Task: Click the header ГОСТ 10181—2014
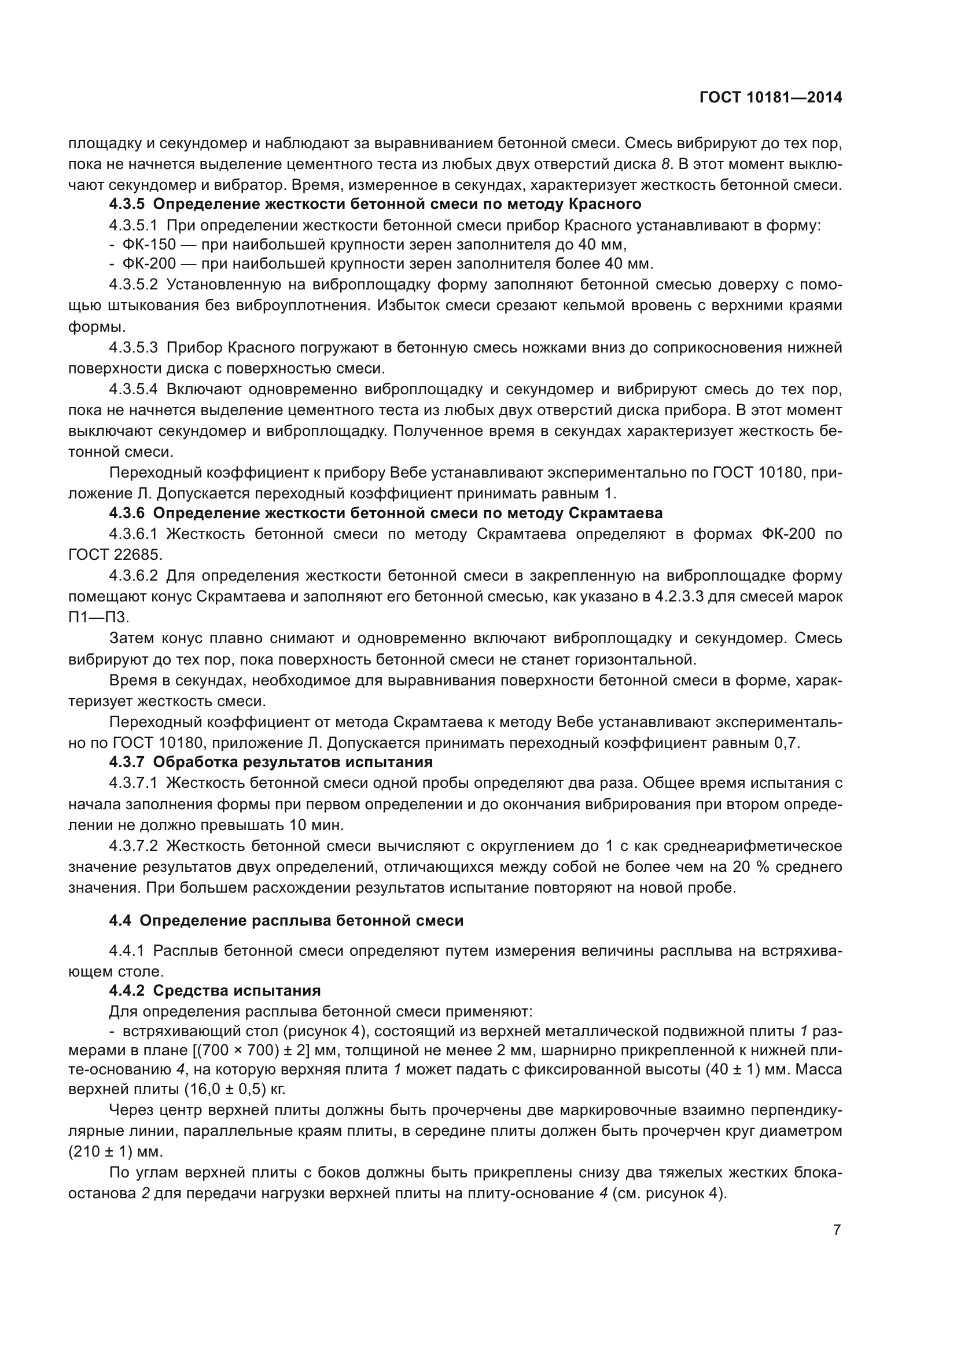tap(771, 97)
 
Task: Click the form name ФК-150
tap(149, 244)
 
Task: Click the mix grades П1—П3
tap(98, 617)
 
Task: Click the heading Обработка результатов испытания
tap(293, 762)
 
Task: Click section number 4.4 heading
tap(121, 920)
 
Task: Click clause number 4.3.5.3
tap(133, 348)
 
